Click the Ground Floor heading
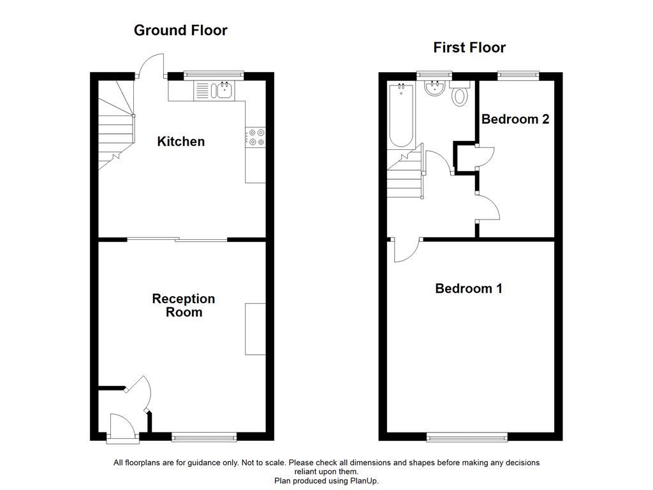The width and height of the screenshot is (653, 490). tap(180, 30)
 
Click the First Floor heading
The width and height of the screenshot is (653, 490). tap(469, 47)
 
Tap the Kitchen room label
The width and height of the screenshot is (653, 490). tap(181, 142)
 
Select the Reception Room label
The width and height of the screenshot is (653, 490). tap(183, 305)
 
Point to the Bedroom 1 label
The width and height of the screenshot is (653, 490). tap(469, 288)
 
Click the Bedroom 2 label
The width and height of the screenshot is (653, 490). tap(515, 119)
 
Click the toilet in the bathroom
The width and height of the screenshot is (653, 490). tap(459, 96)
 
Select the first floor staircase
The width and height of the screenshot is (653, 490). tap(405, 175)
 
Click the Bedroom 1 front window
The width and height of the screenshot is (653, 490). tap(467, 437)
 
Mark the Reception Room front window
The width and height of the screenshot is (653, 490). tap(204, 437)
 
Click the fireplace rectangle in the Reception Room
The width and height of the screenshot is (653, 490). tap(256, 329)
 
